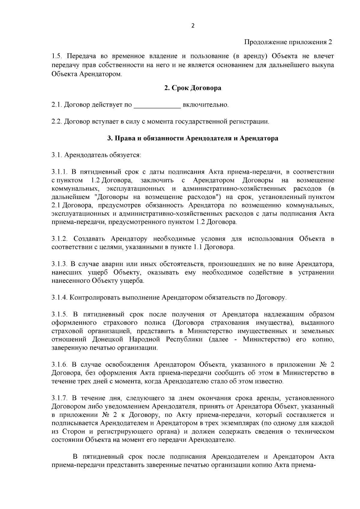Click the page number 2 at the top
[x=193, y=26]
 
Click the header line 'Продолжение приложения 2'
[x=288, y=42]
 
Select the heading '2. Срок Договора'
[x=193, y=88]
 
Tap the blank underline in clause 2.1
[x=157, y=105]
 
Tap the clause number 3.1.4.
[x=60, y=298]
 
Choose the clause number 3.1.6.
[x=60, y=365]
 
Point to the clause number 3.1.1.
[x=60, y=172]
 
